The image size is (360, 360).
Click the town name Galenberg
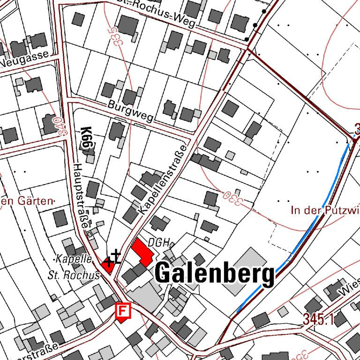coord(214,273)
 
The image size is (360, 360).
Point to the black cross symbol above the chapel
coord(115,256)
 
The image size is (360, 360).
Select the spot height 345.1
coord(317,320)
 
